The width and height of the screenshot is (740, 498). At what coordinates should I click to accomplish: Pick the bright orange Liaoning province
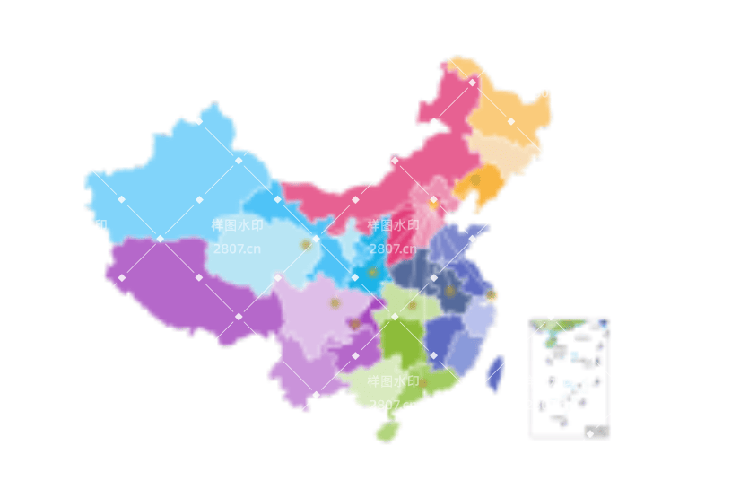[x=475, y=184]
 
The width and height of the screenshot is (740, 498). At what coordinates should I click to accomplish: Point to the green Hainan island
[x=387, y=432]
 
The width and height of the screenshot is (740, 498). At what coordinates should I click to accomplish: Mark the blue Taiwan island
[x=494, y=371]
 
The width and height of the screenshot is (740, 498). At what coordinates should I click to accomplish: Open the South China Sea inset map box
[x=569, y=377]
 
